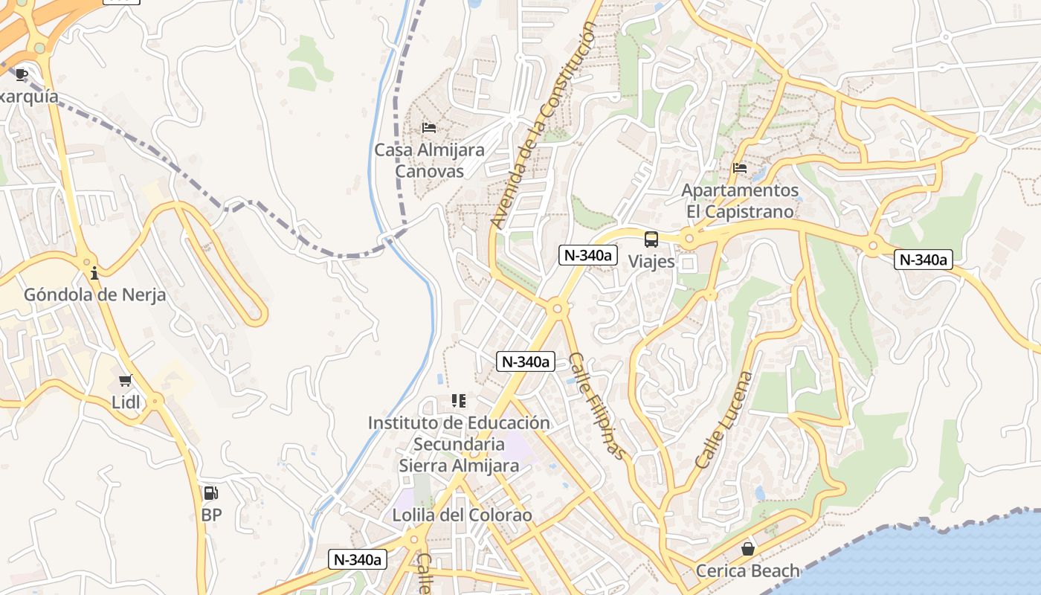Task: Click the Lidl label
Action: (x=126, y=402)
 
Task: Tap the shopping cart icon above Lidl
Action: (x=126, y=381)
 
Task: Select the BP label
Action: (x=211, y=515)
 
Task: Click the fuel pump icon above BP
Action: (x=211, y=492)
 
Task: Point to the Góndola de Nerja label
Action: (x=94, y=295)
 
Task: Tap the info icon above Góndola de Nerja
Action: (x=94, y=274)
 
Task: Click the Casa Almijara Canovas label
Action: (x=429, y=160)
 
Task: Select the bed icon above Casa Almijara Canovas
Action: (x=429, y=128)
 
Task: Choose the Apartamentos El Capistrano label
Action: (x=740, y=201)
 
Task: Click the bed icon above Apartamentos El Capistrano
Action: (x=740, y=168)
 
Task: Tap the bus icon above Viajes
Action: (x=651, y=239)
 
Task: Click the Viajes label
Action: (x=651, y=261)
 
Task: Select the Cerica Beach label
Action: (x=747, y=570)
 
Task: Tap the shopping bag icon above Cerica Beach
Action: (x=747, y=549)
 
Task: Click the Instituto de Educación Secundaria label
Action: (x=459, y=434)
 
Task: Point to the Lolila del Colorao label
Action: (x=462, y=515)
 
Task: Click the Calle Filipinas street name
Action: (x=597, y=406)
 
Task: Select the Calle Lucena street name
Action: (x=724, y=420)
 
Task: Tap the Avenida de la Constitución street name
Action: (x=544, y=124)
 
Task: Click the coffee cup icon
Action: (x=22, y=74)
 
